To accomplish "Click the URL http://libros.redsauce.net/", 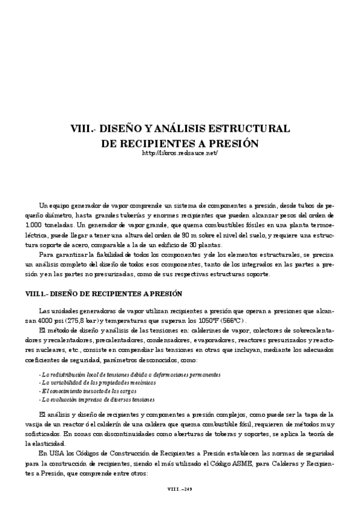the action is point(180,154).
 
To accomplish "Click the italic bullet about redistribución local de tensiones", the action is point(129,374).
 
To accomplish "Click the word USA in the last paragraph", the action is point(53,452).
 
